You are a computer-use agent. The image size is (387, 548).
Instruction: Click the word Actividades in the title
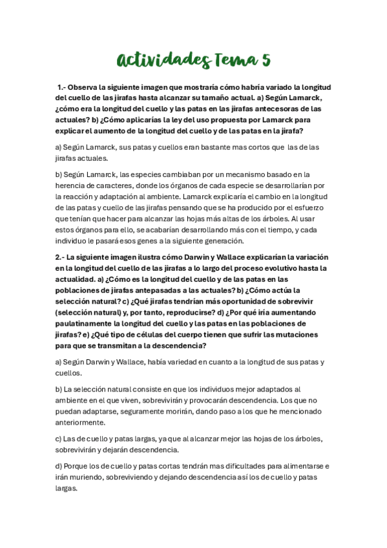coord(163,60)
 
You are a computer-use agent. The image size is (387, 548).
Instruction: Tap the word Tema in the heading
coord(236,60)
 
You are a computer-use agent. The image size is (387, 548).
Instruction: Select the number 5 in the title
coord(266,60)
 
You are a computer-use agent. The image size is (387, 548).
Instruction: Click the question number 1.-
coord(61,87)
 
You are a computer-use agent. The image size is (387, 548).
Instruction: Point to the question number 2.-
coord(61,257)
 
